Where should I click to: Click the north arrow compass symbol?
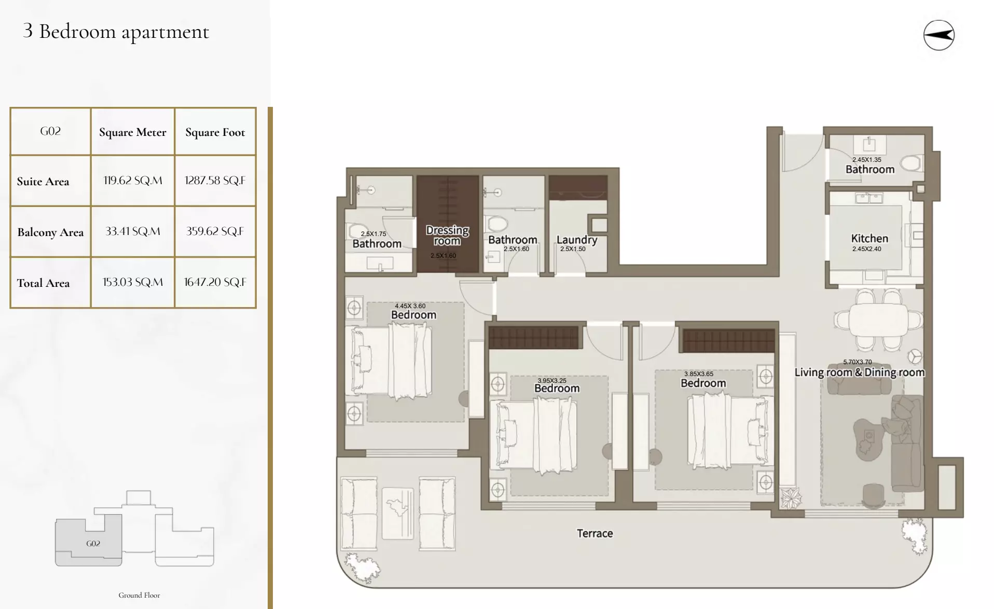(938, 35)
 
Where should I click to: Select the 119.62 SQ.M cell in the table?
(133, 181)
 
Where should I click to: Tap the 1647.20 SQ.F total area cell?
(215, 282)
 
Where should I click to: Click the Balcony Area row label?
(50, 232)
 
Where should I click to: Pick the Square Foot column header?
(215, 132)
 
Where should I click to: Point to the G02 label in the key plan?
(93, 544)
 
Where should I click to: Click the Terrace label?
(595, 533)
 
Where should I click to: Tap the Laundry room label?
(576, 240)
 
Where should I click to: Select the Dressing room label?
(447, 235)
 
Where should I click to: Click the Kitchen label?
(869, 239)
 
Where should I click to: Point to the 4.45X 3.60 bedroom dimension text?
(410, 306)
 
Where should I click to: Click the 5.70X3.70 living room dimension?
(857, 362)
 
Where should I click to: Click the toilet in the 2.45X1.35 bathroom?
(911, 163)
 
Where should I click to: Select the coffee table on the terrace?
(398, 513)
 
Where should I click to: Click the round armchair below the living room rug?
(874, 494)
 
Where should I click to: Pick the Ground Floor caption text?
(139, 595)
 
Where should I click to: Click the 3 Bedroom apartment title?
(116, 31)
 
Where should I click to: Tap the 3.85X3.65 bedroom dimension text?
(698, 373)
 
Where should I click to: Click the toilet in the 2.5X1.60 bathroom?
(497, 225)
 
